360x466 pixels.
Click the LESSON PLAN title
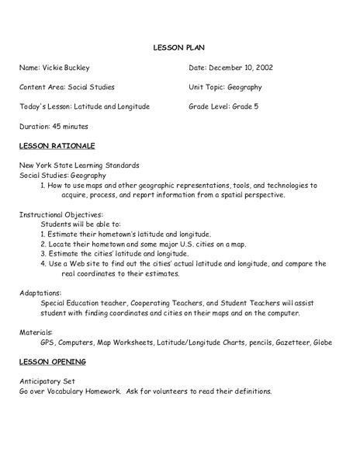[x=179, y=47]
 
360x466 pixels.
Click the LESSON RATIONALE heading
[x=57, y=145]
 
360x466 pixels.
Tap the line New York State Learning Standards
[x=80, y=166]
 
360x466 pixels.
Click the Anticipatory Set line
[x=49, y=381]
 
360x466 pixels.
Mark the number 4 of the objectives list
[x=43, y=263]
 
